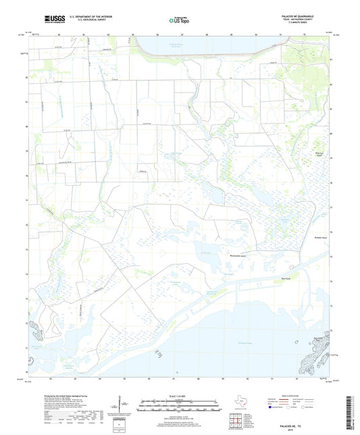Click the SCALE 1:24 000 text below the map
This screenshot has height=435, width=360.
180,396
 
